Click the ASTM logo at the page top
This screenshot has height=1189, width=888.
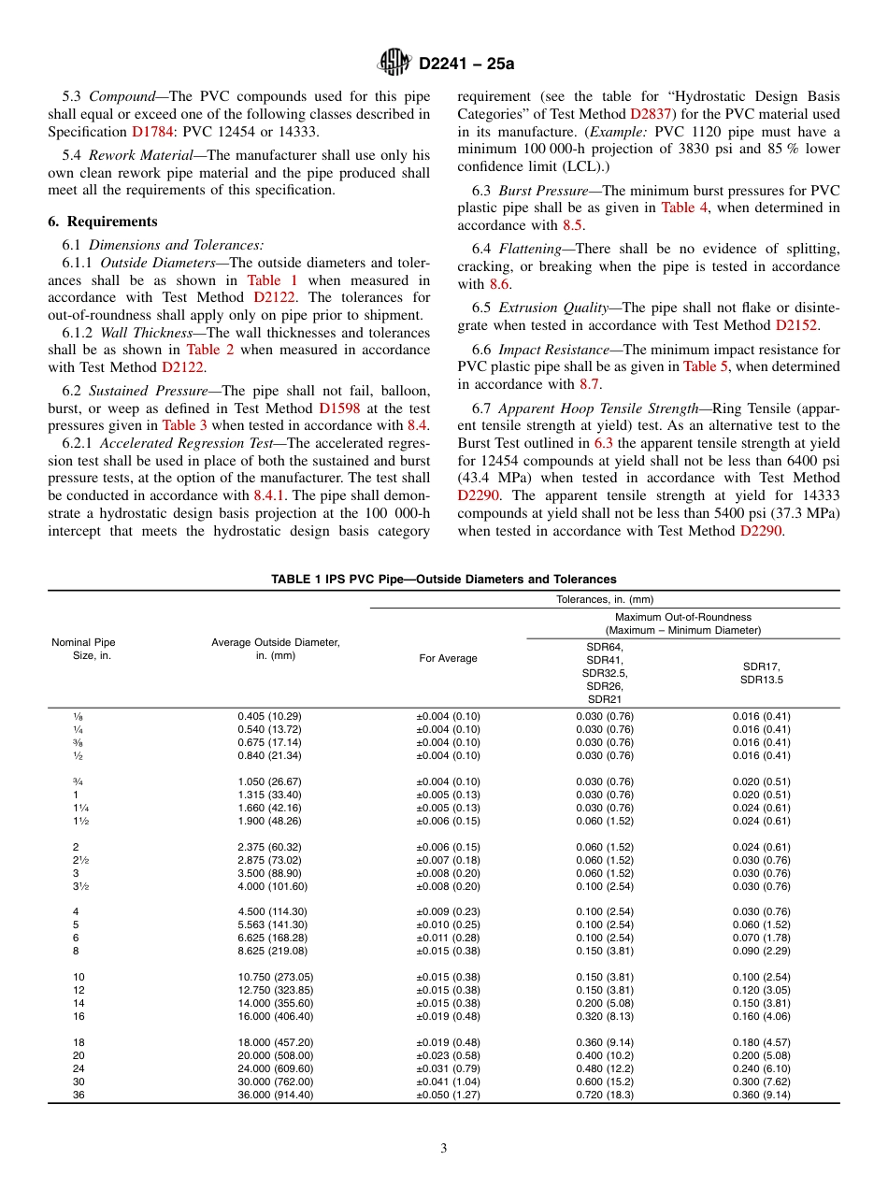394,63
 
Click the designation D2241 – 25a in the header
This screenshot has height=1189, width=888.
466,64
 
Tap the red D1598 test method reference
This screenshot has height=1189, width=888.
337,408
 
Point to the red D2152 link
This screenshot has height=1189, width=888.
796,325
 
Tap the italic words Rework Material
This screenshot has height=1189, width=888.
129,155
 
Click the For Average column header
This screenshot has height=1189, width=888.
448,658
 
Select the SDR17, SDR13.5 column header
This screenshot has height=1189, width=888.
763,673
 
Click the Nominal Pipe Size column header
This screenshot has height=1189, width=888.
84,650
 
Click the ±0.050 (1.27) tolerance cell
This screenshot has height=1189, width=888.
448,1095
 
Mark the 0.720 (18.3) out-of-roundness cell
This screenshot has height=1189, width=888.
605,1095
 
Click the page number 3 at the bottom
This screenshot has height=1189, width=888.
444,1149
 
